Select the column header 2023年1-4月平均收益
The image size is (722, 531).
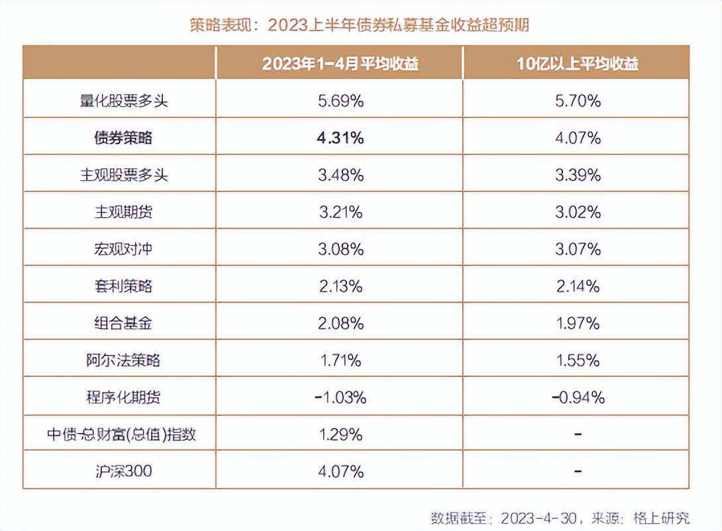(x=340, y=64)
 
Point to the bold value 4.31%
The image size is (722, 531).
(x=340, y=138)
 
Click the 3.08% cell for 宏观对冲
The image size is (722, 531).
(x=340, y=249)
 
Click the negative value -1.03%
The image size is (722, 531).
(x=340, y=397)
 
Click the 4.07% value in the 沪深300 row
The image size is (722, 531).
(x=340, y=471)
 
